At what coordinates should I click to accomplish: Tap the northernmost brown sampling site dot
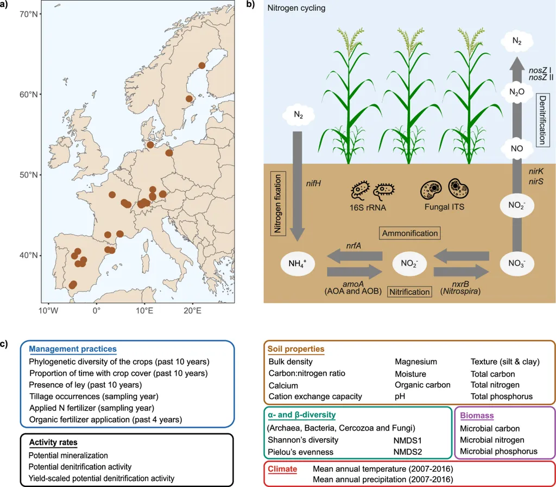click(x=202, y=66)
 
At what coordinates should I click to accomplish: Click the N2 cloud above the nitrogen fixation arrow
click(x=298, y=115)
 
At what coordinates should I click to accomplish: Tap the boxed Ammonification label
click(x=409, y=233)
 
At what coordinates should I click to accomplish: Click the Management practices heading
click(x=72, y=349)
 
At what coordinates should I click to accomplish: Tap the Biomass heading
click(x=476, y=416)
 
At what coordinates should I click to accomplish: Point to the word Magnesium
click(x=415, y=362)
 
